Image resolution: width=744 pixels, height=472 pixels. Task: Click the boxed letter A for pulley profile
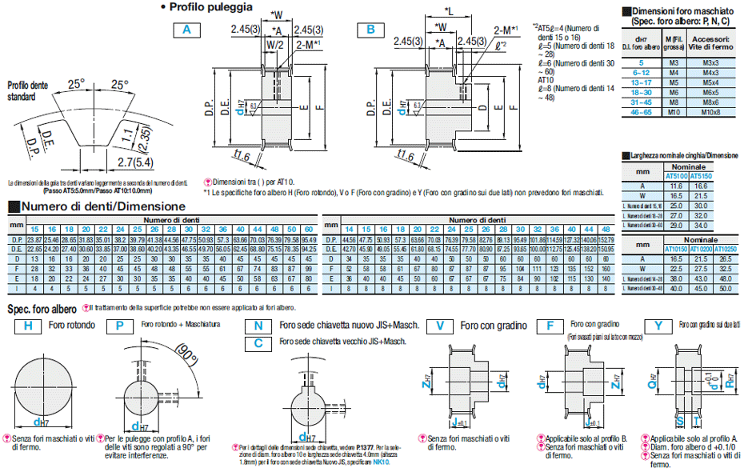tap(187, 30)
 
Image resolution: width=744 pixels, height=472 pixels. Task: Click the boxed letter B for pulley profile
tap(370, 30)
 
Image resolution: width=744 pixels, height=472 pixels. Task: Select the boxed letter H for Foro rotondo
tap(27, 326)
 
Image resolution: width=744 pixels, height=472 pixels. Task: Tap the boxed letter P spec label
tap(120, 326)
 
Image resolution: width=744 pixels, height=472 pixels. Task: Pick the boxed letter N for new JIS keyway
tap(258, 326)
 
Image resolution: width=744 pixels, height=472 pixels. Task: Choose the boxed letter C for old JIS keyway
tap(258, 342)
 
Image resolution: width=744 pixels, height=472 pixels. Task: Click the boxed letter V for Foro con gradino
tap(440, 326)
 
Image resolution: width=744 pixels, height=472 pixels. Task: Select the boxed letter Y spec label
tap(657, 326)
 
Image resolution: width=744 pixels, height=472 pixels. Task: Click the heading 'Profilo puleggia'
tap(211, 7)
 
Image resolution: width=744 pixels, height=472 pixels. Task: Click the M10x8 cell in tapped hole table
tap(707, 111)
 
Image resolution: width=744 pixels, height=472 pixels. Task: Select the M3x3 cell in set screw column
tap(707, 61)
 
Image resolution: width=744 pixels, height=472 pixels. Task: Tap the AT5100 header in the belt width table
tap(677, 176)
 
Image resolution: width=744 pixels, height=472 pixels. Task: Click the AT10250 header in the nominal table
tap(726, 249)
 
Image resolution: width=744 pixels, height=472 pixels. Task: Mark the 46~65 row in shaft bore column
tap(640, 111)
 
